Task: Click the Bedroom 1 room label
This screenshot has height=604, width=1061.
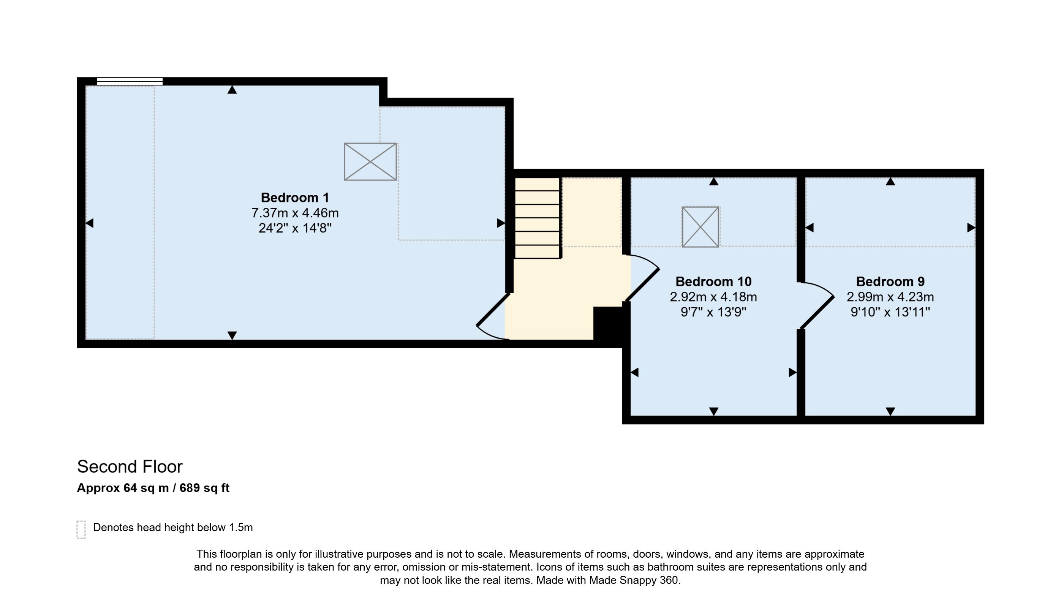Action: [295, 198]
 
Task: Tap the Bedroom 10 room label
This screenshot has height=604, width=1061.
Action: [713, 281]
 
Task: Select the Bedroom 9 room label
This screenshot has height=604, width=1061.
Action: [890, 281]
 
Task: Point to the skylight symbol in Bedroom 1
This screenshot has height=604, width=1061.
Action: [370, 162]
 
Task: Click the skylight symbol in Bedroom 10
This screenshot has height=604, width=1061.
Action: [700, 227]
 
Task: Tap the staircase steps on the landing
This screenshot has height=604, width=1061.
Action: [538, 218]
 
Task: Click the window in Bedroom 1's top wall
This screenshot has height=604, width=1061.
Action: [130, 81]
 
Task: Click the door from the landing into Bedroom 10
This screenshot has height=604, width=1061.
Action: [642, 278]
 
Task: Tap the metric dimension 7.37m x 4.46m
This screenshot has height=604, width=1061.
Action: [295, 213]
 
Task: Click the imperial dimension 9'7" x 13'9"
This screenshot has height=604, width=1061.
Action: [713, 312]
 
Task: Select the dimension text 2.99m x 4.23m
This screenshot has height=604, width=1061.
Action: [890, 297]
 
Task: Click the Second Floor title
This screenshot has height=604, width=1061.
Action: [130, 467]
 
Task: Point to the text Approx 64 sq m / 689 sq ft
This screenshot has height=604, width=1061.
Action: [153, 488]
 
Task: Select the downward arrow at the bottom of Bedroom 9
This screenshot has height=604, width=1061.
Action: [890, 411]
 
